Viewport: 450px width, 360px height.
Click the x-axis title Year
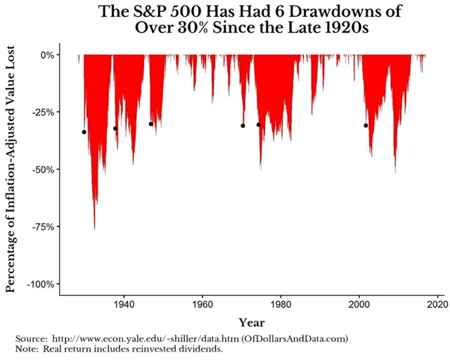251,322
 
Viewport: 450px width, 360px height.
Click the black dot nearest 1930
84,132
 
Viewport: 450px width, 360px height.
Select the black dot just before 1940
115,128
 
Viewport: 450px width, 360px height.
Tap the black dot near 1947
150,124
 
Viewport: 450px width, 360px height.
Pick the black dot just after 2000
366,126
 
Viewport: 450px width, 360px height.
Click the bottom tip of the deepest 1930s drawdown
94,229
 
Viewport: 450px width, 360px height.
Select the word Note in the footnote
27,349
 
